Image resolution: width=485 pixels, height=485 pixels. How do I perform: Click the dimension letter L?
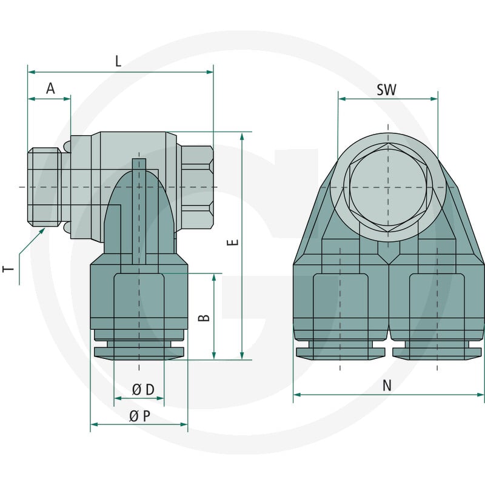118,61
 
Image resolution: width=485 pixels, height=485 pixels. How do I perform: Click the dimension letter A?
50,89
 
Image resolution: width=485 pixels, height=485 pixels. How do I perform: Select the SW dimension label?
386,90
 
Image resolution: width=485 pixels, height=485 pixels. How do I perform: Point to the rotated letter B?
204,318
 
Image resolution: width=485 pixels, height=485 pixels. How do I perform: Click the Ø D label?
143,390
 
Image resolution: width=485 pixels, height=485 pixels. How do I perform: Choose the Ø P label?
140,416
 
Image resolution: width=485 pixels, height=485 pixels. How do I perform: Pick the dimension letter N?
387,386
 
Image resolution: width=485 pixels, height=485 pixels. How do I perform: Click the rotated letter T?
8,268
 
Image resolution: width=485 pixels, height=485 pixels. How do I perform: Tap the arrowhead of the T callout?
42,231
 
